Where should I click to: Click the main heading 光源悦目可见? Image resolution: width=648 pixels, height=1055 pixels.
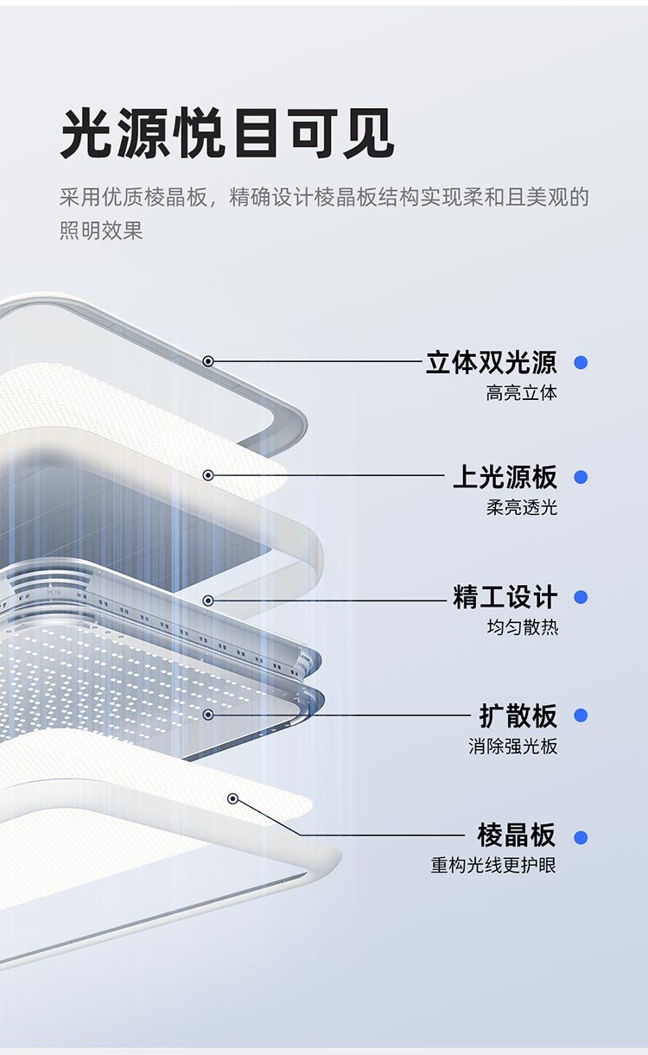(x=226, y=134)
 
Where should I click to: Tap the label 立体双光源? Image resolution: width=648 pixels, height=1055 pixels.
(x=491, y=362)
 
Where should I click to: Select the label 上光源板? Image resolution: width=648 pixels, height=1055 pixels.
(x=505, y=477)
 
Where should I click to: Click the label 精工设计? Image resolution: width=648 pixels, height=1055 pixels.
(x=505, y=597)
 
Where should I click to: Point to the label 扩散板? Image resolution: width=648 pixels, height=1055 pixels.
(x=518, y=715)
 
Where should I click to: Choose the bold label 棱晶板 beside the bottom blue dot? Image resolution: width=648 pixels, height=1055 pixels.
(x=517, y=836)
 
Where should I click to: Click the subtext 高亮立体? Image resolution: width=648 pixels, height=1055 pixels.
(x=521, y=393)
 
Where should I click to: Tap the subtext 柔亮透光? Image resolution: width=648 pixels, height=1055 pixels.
(x=521, y=507)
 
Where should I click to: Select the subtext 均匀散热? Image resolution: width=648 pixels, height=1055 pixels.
(x=521, y=627)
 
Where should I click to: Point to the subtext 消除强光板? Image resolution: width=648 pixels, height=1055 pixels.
(x=513, y=746)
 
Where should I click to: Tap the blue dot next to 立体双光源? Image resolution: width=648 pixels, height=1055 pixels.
(x=581, y=363)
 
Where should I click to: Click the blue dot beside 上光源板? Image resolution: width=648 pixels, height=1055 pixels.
(x=581, y=477)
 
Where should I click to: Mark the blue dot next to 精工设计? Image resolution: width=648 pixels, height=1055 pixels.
(x=581, y=597)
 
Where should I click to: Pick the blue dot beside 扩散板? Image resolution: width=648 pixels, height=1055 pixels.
(x=581, y=715)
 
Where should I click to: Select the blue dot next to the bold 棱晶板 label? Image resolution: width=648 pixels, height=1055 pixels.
(x=581, y=837)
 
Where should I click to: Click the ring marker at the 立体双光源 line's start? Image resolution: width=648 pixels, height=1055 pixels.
(x=208, y=361)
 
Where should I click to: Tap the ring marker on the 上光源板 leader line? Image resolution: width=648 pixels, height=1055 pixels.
(x=208, y=475)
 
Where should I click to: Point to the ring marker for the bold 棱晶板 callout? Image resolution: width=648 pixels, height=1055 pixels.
(x=232, y=798)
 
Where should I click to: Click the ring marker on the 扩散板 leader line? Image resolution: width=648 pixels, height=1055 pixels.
(x=208, y=715)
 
